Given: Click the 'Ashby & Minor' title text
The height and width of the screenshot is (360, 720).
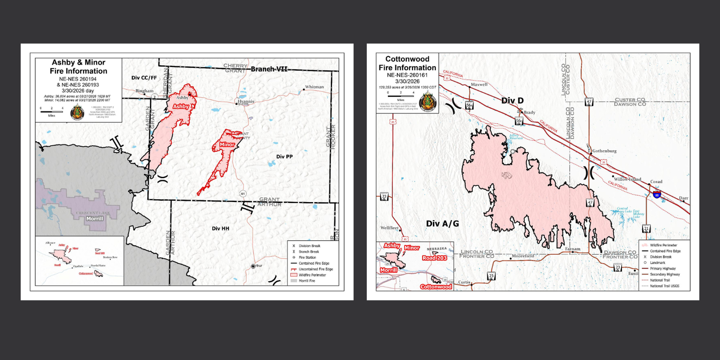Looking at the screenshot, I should tap(78, 63).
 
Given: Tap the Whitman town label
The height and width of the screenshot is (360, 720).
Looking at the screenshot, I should tap(315, 87).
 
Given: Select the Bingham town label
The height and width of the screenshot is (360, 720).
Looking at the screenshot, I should tap(144, 91).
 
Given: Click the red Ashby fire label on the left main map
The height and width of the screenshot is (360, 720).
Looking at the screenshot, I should tap(181, 107).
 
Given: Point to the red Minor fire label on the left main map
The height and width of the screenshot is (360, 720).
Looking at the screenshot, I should tap(227, 144).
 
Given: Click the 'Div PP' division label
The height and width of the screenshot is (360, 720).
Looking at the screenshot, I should tap(284, 157).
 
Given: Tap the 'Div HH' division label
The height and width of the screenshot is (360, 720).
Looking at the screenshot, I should tap(220, 229).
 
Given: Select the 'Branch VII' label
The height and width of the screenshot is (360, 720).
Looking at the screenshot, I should tap(269, 69).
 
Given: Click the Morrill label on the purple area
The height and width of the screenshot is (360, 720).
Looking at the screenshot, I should tap(94, 219).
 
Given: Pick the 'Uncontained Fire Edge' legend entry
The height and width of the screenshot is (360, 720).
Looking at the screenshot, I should tap(315, 269).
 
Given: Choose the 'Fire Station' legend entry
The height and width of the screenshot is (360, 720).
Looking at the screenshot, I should tap(307, 257).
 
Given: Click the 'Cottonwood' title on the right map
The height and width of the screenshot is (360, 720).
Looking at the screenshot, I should tap(407, 59).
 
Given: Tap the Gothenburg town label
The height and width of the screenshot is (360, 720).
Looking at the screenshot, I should tap(604, 151).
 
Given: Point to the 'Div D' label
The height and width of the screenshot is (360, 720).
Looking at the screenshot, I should tap(513, 101).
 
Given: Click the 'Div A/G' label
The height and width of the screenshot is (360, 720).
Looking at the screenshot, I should tap(442, 224).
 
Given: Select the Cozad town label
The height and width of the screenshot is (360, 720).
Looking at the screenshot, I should tap(656, 182).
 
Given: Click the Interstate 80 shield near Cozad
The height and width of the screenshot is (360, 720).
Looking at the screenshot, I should tap(657, 195).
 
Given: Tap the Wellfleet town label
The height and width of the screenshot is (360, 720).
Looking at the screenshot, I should tap(389, 228).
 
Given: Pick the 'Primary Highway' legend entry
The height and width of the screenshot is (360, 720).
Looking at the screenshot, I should tap(662, 269).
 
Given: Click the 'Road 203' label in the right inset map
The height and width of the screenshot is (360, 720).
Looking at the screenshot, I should tap(434, 258).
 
